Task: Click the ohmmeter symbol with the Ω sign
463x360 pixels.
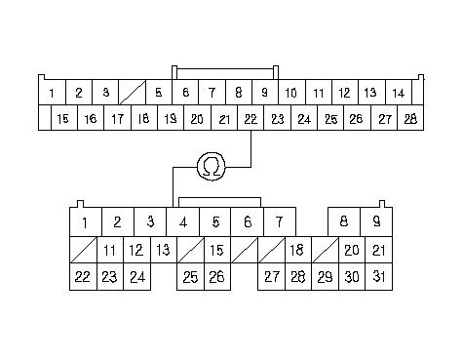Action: coord(212,167)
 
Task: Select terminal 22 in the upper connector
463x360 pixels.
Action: coord(251,118)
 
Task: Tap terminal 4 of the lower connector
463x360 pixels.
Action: coord(183,221)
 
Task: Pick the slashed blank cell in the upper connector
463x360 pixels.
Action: coord(133,93)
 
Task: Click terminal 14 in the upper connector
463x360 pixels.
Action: coord(399,93)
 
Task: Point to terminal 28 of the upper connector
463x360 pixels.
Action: coord(410,118)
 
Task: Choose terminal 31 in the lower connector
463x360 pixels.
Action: coord(379,276)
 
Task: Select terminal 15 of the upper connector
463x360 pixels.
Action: coord(64,118)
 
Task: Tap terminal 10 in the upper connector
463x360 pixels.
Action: coord(291,93)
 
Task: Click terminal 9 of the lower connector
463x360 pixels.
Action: coord(376,221)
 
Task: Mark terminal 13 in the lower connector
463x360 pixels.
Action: coord(164,250)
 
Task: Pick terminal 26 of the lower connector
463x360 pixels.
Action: coord(217,276)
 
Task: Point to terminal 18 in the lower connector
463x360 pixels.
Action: coord(298,250)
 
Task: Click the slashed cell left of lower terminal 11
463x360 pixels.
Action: coord(83,250)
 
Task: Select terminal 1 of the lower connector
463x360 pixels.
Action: coord(86,221)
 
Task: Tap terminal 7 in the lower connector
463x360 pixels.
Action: coord(280,221)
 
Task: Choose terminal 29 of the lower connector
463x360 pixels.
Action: coord(326,276)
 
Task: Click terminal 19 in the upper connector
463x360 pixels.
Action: coord(171,118)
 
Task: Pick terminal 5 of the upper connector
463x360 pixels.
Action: coord(159,93)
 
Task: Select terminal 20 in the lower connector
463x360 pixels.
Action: coord(352,250)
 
